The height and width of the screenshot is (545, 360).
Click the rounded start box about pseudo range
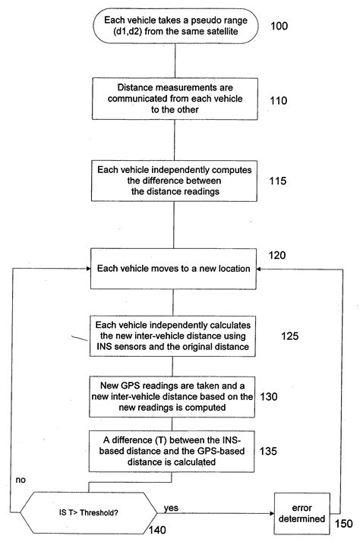(174, 27)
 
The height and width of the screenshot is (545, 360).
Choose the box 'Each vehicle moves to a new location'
(174, 269)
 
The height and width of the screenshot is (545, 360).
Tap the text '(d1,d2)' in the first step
(150, 33)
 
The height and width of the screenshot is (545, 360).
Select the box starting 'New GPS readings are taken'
(174, 395)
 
